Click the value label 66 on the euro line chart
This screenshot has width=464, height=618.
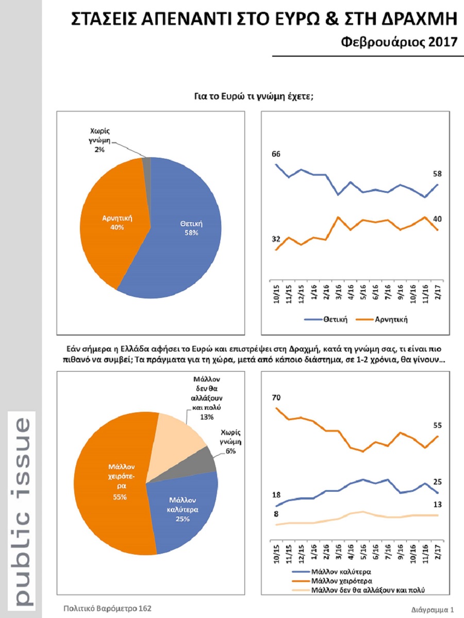tap(276, 154)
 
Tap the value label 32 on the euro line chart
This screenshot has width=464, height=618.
tap(276, 239)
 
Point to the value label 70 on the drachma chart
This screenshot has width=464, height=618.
tap(276, 398)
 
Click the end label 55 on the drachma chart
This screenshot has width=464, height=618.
tap(438, 426)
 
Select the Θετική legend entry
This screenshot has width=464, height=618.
tap(326, 319)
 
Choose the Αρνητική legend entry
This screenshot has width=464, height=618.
tap(382, 319)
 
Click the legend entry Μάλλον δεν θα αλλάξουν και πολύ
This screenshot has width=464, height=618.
tap(358, 590)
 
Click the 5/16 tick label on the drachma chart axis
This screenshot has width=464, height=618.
tap(363, 554)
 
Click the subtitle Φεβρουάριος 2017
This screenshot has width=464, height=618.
tap(400, 42)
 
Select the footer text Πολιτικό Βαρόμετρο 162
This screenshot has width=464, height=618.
tap(107, 609)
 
